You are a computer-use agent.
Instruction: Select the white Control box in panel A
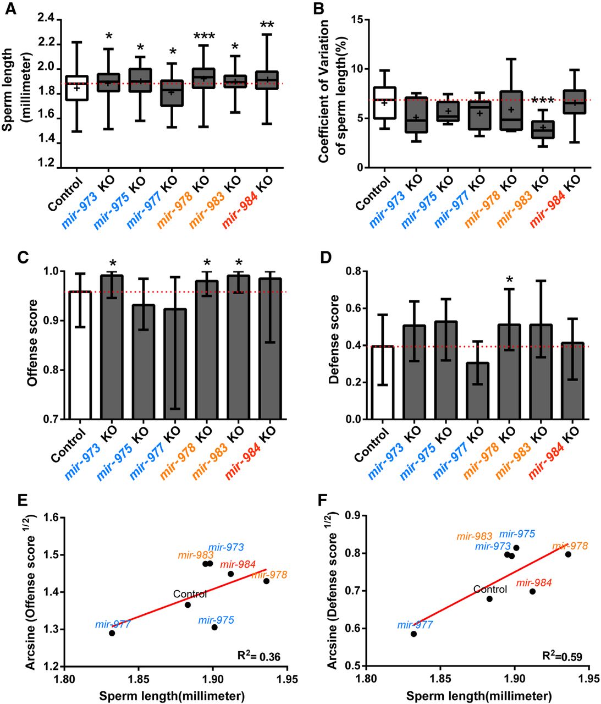point(76,88)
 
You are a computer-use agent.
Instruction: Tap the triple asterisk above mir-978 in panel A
point(205,37)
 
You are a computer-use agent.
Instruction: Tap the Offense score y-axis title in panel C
point(32,342)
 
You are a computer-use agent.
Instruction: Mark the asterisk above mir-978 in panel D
point(510,280)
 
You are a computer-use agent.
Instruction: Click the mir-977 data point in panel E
point(112,633)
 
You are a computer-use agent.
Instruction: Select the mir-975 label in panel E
point(216,620)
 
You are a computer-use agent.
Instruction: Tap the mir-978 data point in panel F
point(568,554)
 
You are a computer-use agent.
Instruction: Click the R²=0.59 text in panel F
point(562,656)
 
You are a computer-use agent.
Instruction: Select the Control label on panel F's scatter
point(490,590)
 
